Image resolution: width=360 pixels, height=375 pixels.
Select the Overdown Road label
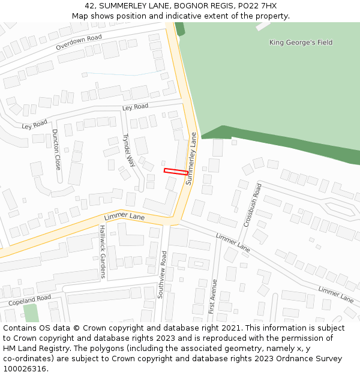[79, 41]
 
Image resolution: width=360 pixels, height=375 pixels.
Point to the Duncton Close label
[56, 148]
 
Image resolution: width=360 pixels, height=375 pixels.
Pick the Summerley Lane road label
[191, 158]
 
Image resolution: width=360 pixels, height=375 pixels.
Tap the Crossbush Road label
[253, 205]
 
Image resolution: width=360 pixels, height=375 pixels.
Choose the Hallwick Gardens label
[103, 251]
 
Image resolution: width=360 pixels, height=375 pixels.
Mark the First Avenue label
[212, 297]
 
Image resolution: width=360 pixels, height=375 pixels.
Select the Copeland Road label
[29, 300]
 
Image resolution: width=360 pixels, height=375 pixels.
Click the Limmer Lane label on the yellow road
[124, 215]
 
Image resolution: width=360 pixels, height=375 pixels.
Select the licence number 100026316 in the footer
[25, 368]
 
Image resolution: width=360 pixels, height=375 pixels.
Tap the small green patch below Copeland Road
[31, 313]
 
